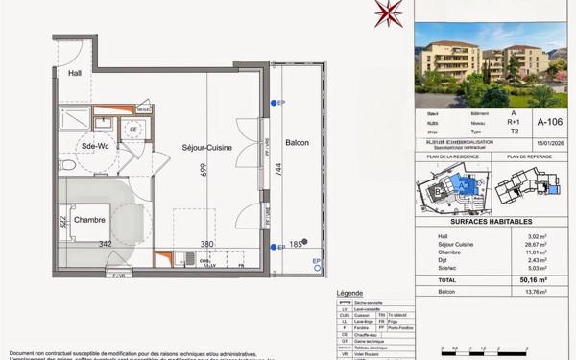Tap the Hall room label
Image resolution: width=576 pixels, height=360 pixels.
[75, 74]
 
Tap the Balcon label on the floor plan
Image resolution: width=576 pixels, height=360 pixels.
[297, 142]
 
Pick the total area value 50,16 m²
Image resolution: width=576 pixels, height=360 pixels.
[547, 279]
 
